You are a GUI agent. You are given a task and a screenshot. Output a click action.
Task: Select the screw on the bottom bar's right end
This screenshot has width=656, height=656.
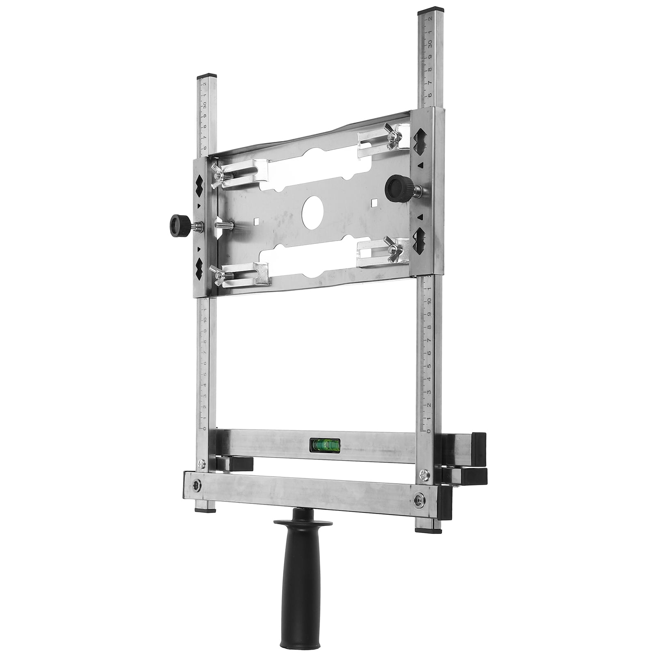click(418, 499)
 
